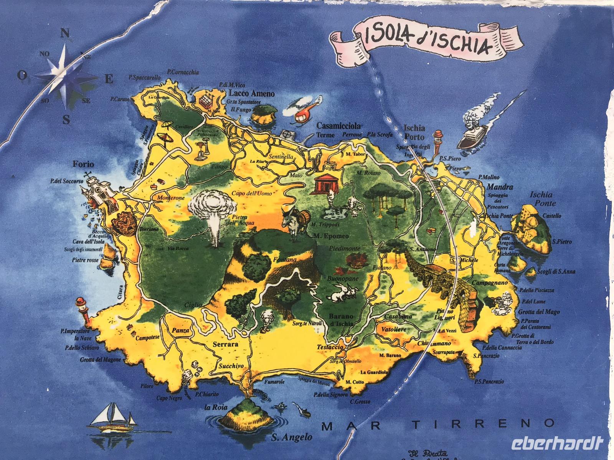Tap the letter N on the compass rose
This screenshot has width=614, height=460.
click(x=65, y=33)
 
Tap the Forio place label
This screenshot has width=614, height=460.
click(x=83, y=164)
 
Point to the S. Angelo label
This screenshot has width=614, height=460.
click(x=286, y=437)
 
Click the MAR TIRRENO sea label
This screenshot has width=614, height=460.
click(x=437, y=424)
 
